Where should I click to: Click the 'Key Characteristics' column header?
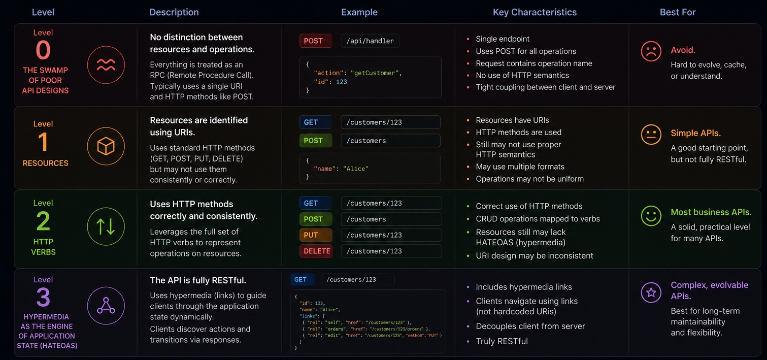pyautogui.click(x=535, y=12)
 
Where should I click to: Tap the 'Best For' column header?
pyautogui.click(x=678, y=12)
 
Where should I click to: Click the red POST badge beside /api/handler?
pyautogui.click(x=316, y=41)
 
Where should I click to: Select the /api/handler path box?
pyautogui.click(x=370, y=41)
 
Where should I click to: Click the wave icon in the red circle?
pyautogui.click(x=106, y=64)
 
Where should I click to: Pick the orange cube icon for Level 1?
pyautogui.click(x=106, y=146)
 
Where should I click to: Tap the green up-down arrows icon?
pyautogui.click(x=106, y=226)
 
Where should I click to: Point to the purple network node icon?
pyautogui.click(x=106, y=306)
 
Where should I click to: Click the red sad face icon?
pyautogui.click(x=651, y=51)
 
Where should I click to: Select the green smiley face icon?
pyautogui.click(x=651, y=216)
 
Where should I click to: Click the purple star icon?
pyautogui.click(x=651, y=292)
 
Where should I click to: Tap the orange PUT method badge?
pyautogui.click(x=316, y=235)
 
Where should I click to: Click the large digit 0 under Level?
pyautogui.click(x=43, y=50)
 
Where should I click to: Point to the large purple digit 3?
pyautogui.click(x=43, y=297)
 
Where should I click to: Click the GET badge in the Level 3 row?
pyautogui.click(x=303, y=279)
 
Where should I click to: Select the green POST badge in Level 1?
pyautogui.click(x=316, y=141)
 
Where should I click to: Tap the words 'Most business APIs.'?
pyautogui.click(x=711, y=212)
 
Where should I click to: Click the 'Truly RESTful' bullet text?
pyautogui.click(x=502, y=341)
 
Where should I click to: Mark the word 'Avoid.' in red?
pyautogui.click(x=683, y=50)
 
